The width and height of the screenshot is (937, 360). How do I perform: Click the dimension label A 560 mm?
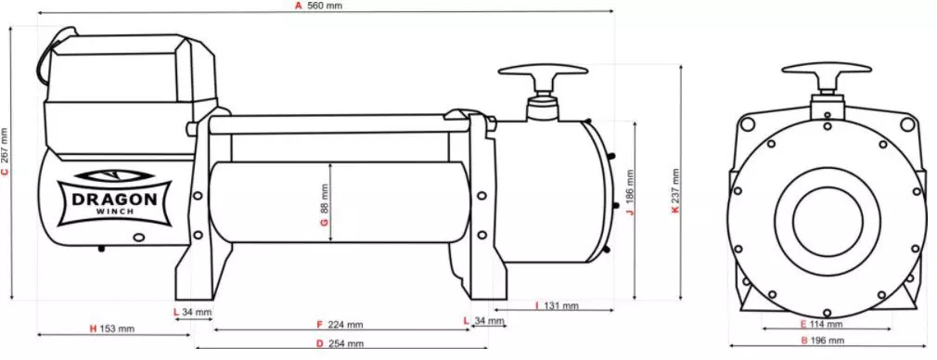pyautogui.click(x=317, y=6)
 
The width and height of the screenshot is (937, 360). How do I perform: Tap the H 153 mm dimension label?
pyautogui.click(x=111, y=328)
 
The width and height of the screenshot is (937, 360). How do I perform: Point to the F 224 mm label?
pyautogui.click(x=340, y=325)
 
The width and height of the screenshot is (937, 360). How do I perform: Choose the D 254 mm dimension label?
pyautogui.click(x=340, y=344)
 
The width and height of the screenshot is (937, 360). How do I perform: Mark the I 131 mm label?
pyautogui.click(x=557, y=305)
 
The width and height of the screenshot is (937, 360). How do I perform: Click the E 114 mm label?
pyautogui.click(x=820, y=325)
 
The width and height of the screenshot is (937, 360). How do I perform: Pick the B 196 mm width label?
pyautogui.click(x=820, y=343)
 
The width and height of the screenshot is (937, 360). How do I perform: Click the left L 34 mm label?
pyautogui.click(x=193, y=312)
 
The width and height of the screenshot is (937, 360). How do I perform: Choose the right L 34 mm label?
pyautogui.click(x=484, y=320)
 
